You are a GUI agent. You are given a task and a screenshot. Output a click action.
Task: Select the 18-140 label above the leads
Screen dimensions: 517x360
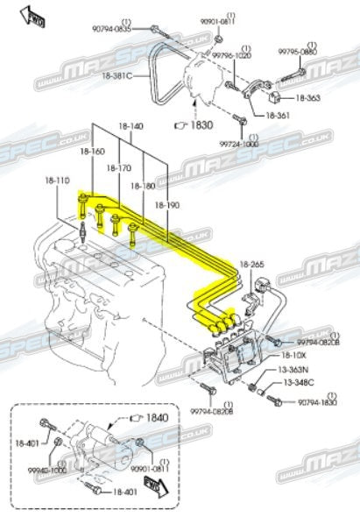130,126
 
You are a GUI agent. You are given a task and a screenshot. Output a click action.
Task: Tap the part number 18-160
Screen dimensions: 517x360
92,151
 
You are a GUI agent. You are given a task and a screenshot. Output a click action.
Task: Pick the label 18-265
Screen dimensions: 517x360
251,264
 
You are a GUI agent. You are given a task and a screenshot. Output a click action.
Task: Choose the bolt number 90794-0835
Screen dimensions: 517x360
111,29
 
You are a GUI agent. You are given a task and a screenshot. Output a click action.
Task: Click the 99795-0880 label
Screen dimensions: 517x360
298,52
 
